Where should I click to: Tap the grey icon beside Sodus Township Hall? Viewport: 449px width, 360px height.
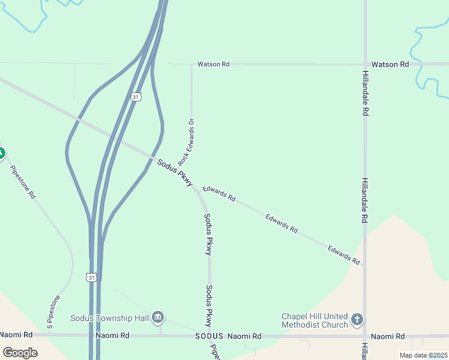[158, 317]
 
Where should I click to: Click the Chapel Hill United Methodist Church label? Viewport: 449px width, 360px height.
[315, 320]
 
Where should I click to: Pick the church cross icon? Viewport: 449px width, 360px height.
[357, 319]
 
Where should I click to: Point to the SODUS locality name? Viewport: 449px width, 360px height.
[209, 337]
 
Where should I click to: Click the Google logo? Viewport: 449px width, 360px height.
[20, 353]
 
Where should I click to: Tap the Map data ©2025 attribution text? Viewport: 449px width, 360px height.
[423, 355]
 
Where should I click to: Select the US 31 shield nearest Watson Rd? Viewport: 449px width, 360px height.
[136, 97]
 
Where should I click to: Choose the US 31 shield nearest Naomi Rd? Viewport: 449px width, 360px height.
[91, 277]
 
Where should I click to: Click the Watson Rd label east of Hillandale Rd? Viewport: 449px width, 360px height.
[390, 64]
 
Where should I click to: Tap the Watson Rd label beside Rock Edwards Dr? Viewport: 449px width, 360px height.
[213, 64]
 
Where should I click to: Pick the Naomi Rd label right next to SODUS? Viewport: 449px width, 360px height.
[244, 337]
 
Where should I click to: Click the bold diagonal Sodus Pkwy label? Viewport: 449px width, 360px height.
[175, 172]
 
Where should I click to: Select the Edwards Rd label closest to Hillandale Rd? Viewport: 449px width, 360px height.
[343, 256]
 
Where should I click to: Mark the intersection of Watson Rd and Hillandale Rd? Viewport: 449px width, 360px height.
[365, 64]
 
